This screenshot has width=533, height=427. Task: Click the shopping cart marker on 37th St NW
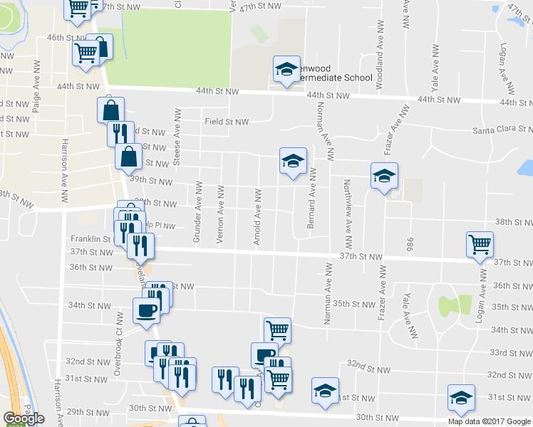tap(480, 245)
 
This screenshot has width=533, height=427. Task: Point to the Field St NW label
tap(227, 122)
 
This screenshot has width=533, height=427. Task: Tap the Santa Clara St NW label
tap(502, 130)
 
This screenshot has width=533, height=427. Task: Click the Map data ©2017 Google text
tap(490, 421)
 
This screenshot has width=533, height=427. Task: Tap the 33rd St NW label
tap(509, 352)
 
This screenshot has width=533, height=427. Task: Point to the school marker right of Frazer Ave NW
tap(384, 176)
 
